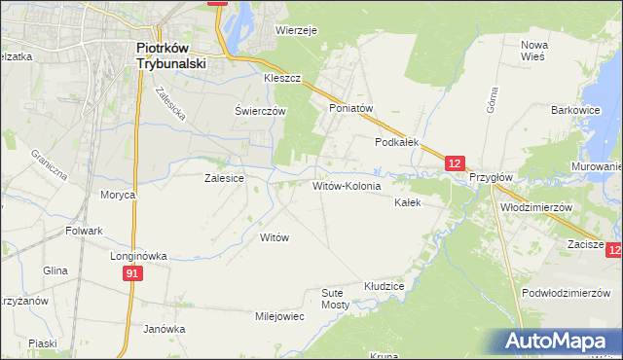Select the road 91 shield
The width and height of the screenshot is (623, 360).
(x=132, y=275)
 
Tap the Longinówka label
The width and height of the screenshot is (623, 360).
(x=137, y=256)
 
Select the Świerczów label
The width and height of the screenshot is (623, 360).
(x=260, y=111)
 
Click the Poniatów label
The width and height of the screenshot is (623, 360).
(x=351, y=109)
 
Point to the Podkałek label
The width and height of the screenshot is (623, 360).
(x=397, y=141)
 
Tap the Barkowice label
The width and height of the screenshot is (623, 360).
(x=573, y=111)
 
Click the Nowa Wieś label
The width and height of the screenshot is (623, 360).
(x=534, y=51)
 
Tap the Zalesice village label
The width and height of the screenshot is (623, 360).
(x=223, y=178)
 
